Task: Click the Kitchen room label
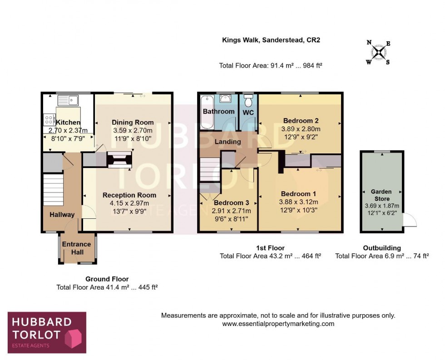point(68,123)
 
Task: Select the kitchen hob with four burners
point(48,120)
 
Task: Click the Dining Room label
point(133,123)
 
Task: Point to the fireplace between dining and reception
point(119,160)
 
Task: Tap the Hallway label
point(62,215)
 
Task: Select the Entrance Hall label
point(77,248)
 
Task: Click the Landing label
point(228,142)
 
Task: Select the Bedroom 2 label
point(301,121)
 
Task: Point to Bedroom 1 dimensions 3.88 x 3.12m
point(299,202)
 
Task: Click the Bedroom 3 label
point(232,202)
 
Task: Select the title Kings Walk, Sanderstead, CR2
point(271,40)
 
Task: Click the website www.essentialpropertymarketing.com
point(278,324)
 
